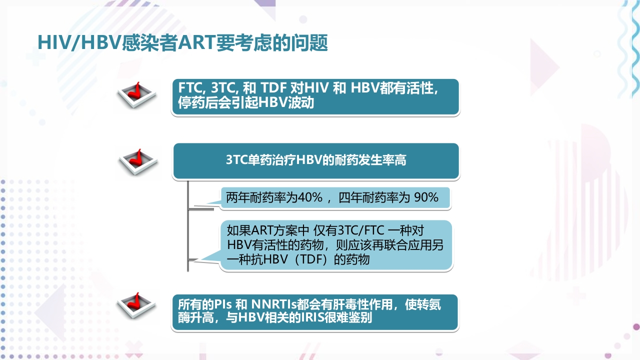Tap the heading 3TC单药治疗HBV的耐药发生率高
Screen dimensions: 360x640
pos(316,160)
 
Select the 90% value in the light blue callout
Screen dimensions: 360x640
pos(426,198)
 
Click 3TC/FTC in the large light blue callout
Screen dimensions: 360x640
pos(361,231)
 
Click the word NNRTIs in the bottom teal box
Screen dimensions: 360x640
pos(273,304)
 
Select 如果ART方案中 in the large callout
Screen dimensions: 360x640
pos(268,231)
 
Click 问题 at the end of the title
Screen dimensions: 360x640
pos(312,43)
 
